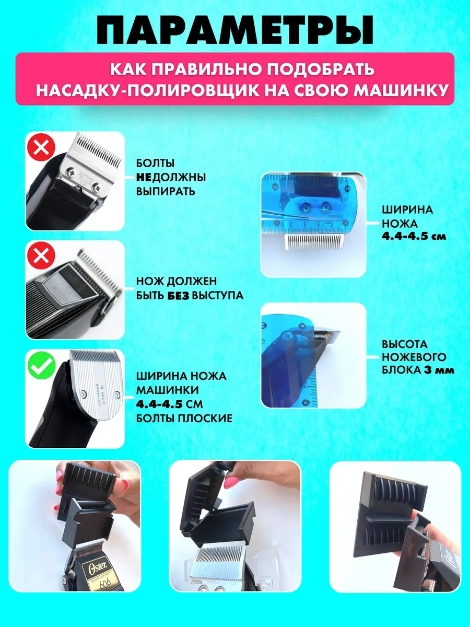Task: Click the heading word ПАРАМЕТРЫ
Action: pos(235,31)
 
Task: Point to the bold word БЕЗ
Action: pos(178,295)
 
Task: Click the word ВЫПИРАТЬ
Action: pos(166,191)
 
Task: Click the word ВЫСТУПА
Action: pos(217,295)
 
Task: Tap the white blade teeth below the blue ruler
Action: pos(311,242)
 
